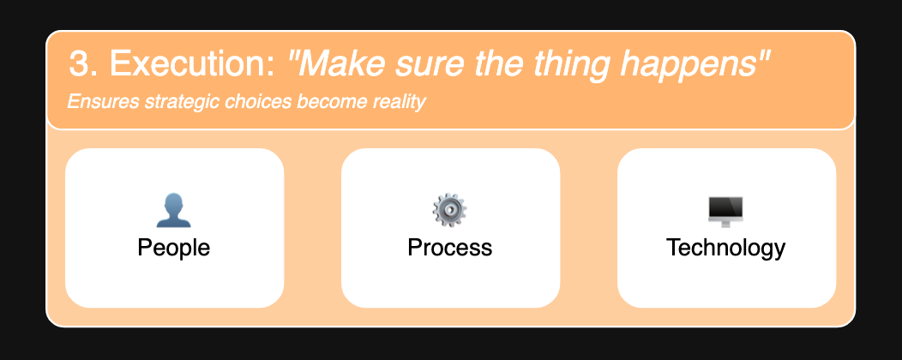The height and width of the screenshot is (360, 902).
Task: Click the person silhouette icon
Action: pyautogui.click(x=174, y=211)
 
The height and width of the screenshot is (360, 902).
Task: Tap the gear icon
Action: pyautogui.click(x=450, y=211)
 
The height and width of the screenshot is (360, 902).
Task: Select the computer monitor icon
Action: pyautogui.click(x=725, y=212)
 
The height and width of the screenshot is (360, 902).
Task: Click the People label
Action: pyautogui.click(x=174, y=248)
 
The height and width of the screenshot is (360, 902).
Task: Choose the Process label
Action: pyautogui.click(x=450, y=248)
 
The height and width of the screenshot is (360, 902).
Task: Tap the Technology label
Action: pyautogui.click(x=726, y=249)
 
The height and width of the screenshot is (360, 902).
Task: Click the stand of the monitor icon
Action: pyautogui.click(x=725, y=225)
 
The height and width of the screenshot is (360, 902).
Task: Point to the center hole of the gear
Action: pyautogui.click(x=450, y=211)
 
